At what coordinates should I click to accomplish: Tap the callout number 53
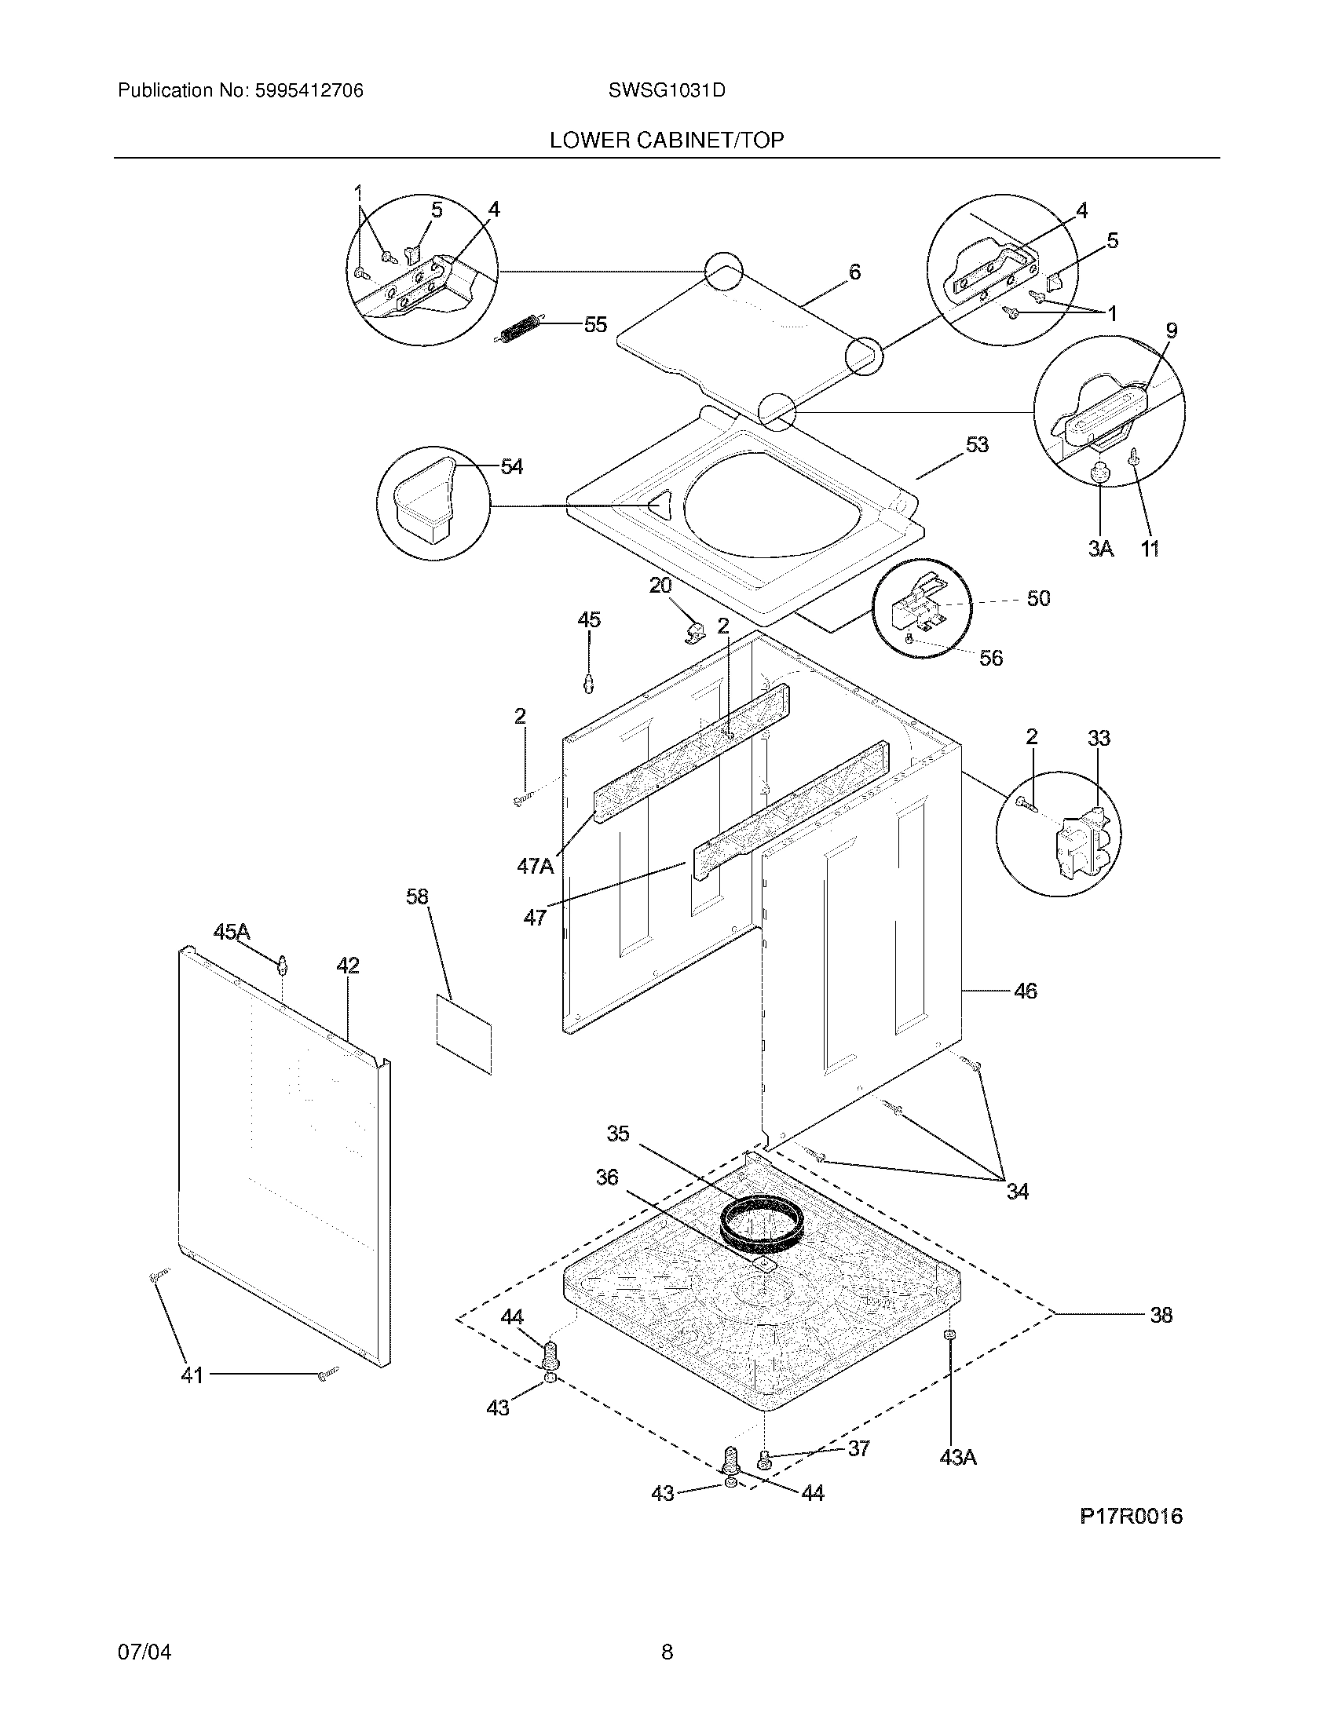coord(977,445)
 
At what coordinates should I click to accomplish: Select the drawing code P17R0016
coord(1131,1516)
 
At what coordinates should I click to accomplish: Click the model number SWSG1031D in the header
coord(667,91)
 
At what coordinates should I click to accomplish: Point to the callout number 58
coord(417,896)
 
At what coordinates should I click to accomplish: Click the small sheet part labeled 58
coord(463,1035)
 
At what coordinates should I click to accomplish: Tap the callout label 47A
coord(535,867)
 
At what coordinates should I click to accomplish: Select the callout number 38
coord(1160,1315)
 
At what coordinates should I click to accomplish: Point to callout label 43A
coord(958,1456)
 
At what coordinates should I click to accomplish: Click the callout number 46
coord(1025,991)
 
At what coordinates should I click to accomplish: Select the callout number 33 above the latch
coord(1099,739)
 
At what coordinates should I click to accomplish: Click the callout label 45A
coord(232,933)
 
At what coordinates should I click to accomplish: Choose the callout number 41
coord(192,1375)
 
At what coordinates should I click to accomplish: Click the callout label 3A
coord(1100,548)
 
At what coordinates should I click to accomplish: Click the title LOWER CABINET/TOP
coord(667,141)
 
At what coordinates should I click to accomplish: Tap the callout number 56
coord(990,658)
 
